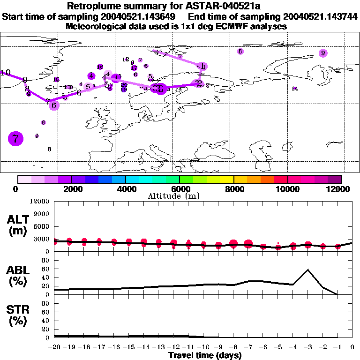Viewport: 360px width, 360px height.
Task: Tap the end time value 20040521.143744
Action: coord(322,17)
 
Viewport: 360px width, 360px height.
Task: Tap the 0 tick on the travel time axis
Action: coord(352,347)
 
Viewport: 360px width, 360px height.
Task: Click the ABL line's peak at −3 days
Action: coord(308,270)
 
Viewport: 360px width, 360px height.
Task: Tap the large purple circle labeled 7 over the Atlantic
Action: coord(16,138)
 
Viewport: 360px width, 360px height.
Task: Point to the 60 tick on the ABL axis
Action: coord(46,269)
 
